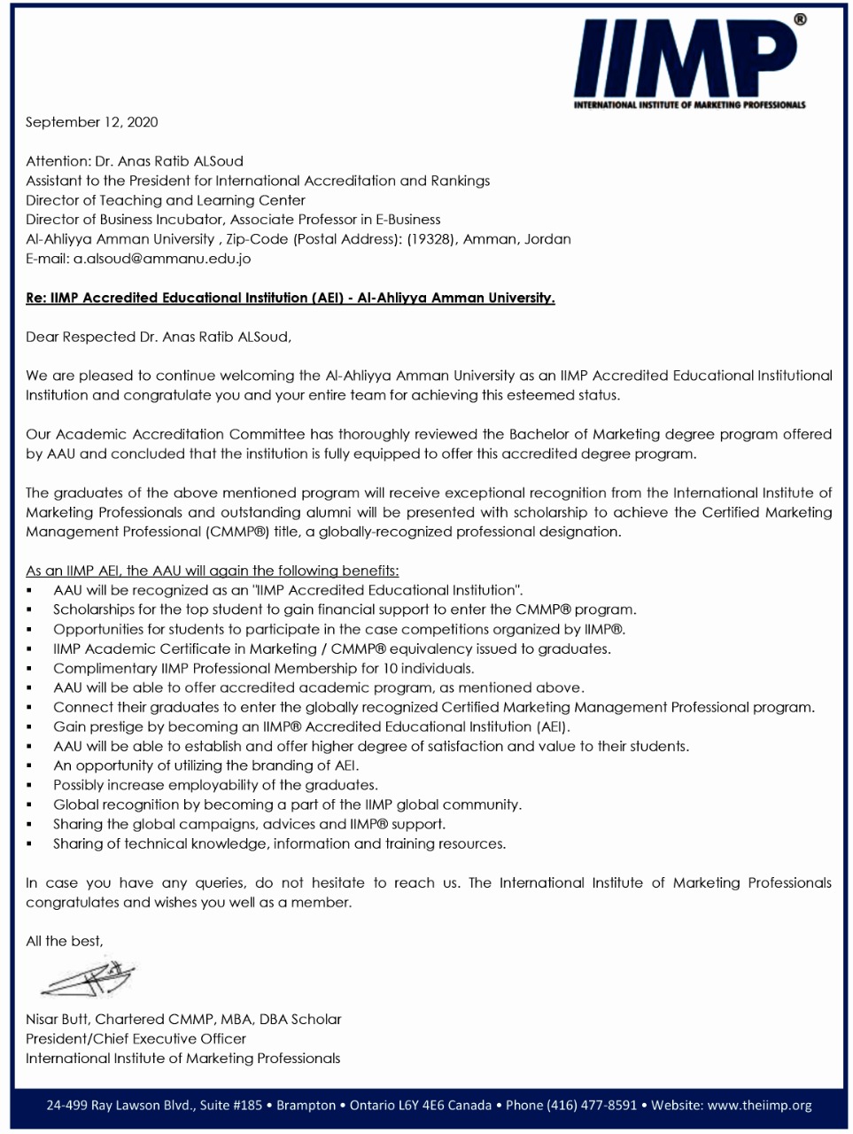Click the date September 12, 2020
click(92, 122)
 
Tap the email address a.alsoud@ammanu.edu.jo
click(162, 259)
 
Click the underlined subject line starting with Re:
click(291, 298)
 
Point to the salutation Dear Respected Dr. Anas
click(158, 337)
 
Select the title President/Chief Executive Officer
click(136, 1038)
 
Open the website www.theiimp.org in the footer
click(759, 1105)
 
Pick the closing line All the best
click(64, 941)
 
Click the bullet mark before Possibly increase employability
click(30, 786)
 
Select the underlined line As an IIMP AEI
click(212, 571)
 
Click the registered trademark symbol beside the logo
click(801, 19)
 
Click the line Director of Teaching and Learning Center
click(166, 200)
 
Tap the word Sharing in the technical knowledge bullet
click(78, 843)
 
